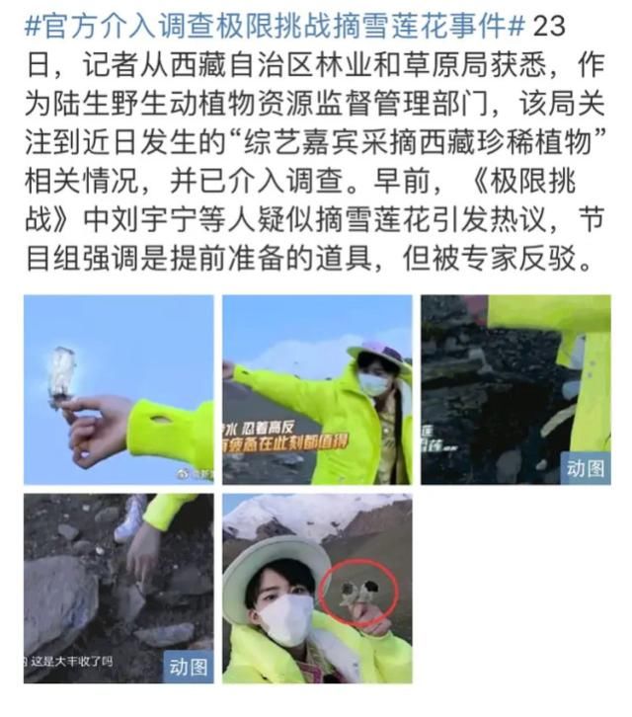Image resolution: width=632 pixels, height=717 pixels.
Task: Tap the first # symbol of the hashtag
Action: coord(31,25)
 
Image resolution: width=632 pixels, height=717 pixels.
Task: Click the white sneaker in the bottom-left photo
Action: coord(131,518)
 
